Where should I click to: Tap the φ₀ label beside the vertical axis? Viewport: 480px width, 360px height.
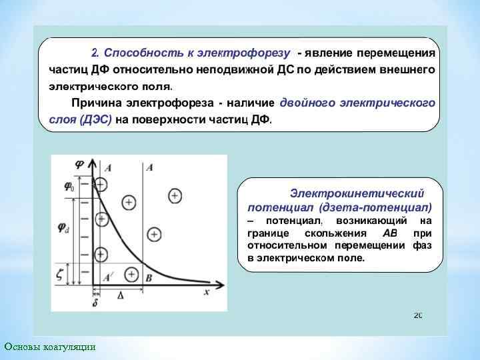[69, 186]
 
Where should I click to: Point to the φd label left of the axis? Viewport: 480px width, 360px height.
[63, 229]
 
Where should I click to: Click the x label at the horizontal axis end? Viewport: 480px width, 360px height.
[206, 291]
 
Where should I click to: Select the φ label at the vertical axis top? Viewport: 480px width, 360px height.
[79, 163]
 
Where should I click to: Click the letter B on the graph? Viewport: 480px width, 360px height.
[149, 277]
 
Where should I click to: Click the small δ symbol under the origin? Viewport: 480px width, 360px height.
[95, 303]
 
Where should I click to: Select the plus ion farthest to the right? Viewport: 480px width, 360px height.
[175, 195]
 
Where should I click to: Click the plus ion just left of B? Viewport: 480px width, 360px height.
[131, 273]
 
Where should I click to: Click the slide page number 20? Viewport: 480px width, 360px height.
[418, 315]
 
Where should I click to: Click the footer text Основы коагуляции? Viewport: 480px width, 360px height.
[50, 347]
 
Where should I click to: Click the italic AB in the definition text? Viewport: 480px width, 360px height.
[389, 233]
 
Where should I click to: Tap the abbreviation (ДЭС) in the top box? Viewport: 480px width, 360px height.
[95, 118]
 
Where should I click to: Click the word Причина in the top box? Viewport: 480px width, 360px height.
[97, 103]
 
